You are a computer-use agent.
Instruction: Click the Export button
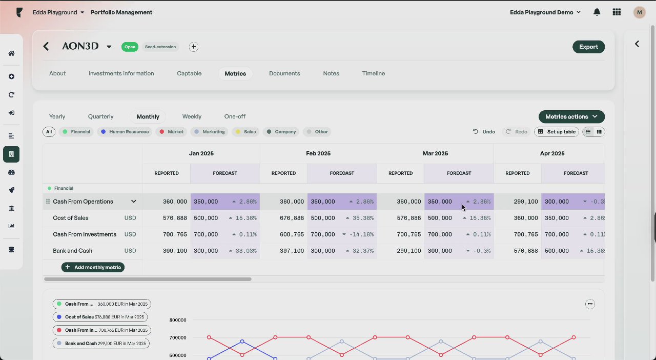[x=588, y=47]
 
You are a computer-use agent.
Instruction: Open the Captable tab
[x=189, y=73]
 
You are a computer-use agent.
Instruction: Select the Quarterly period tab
[x=100, y=116]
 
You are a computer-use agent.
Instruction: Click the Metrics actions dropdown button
[x=571, y=116]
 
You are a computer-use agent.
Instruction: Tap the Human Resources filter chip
[x=125, y=132]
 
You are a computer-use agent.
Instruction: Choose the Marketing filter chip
[x=210, y=132]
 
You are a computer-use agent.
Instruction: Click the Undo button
[x=484, y=132]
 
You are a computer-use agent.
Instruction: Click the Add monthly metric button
[x=93, y=267]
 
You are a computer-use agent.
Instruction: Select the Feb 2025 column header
[x=318, y=153]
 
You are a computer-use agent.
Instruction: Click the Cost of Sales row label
[x=71, y=218]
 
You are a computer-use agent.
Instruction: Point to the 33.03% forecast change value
[x=247, y=251]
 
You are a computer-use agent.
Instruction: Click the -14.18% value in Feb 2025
[x=362, y=234]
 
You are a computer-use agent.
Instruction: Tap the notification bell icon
[x=597, y=12]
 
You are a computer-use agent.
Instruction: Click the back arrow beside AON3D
[x=46, y=47]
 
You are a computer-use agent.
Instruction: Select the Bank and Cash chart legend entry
[x=101, y=343]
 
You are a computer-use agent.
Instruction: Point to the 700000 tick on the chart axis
[x=177, y=337]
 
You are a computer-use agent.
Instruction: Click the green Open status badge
[x=130, y=47]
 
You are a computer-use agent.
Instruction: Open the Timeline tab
[x=373, y=73]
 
